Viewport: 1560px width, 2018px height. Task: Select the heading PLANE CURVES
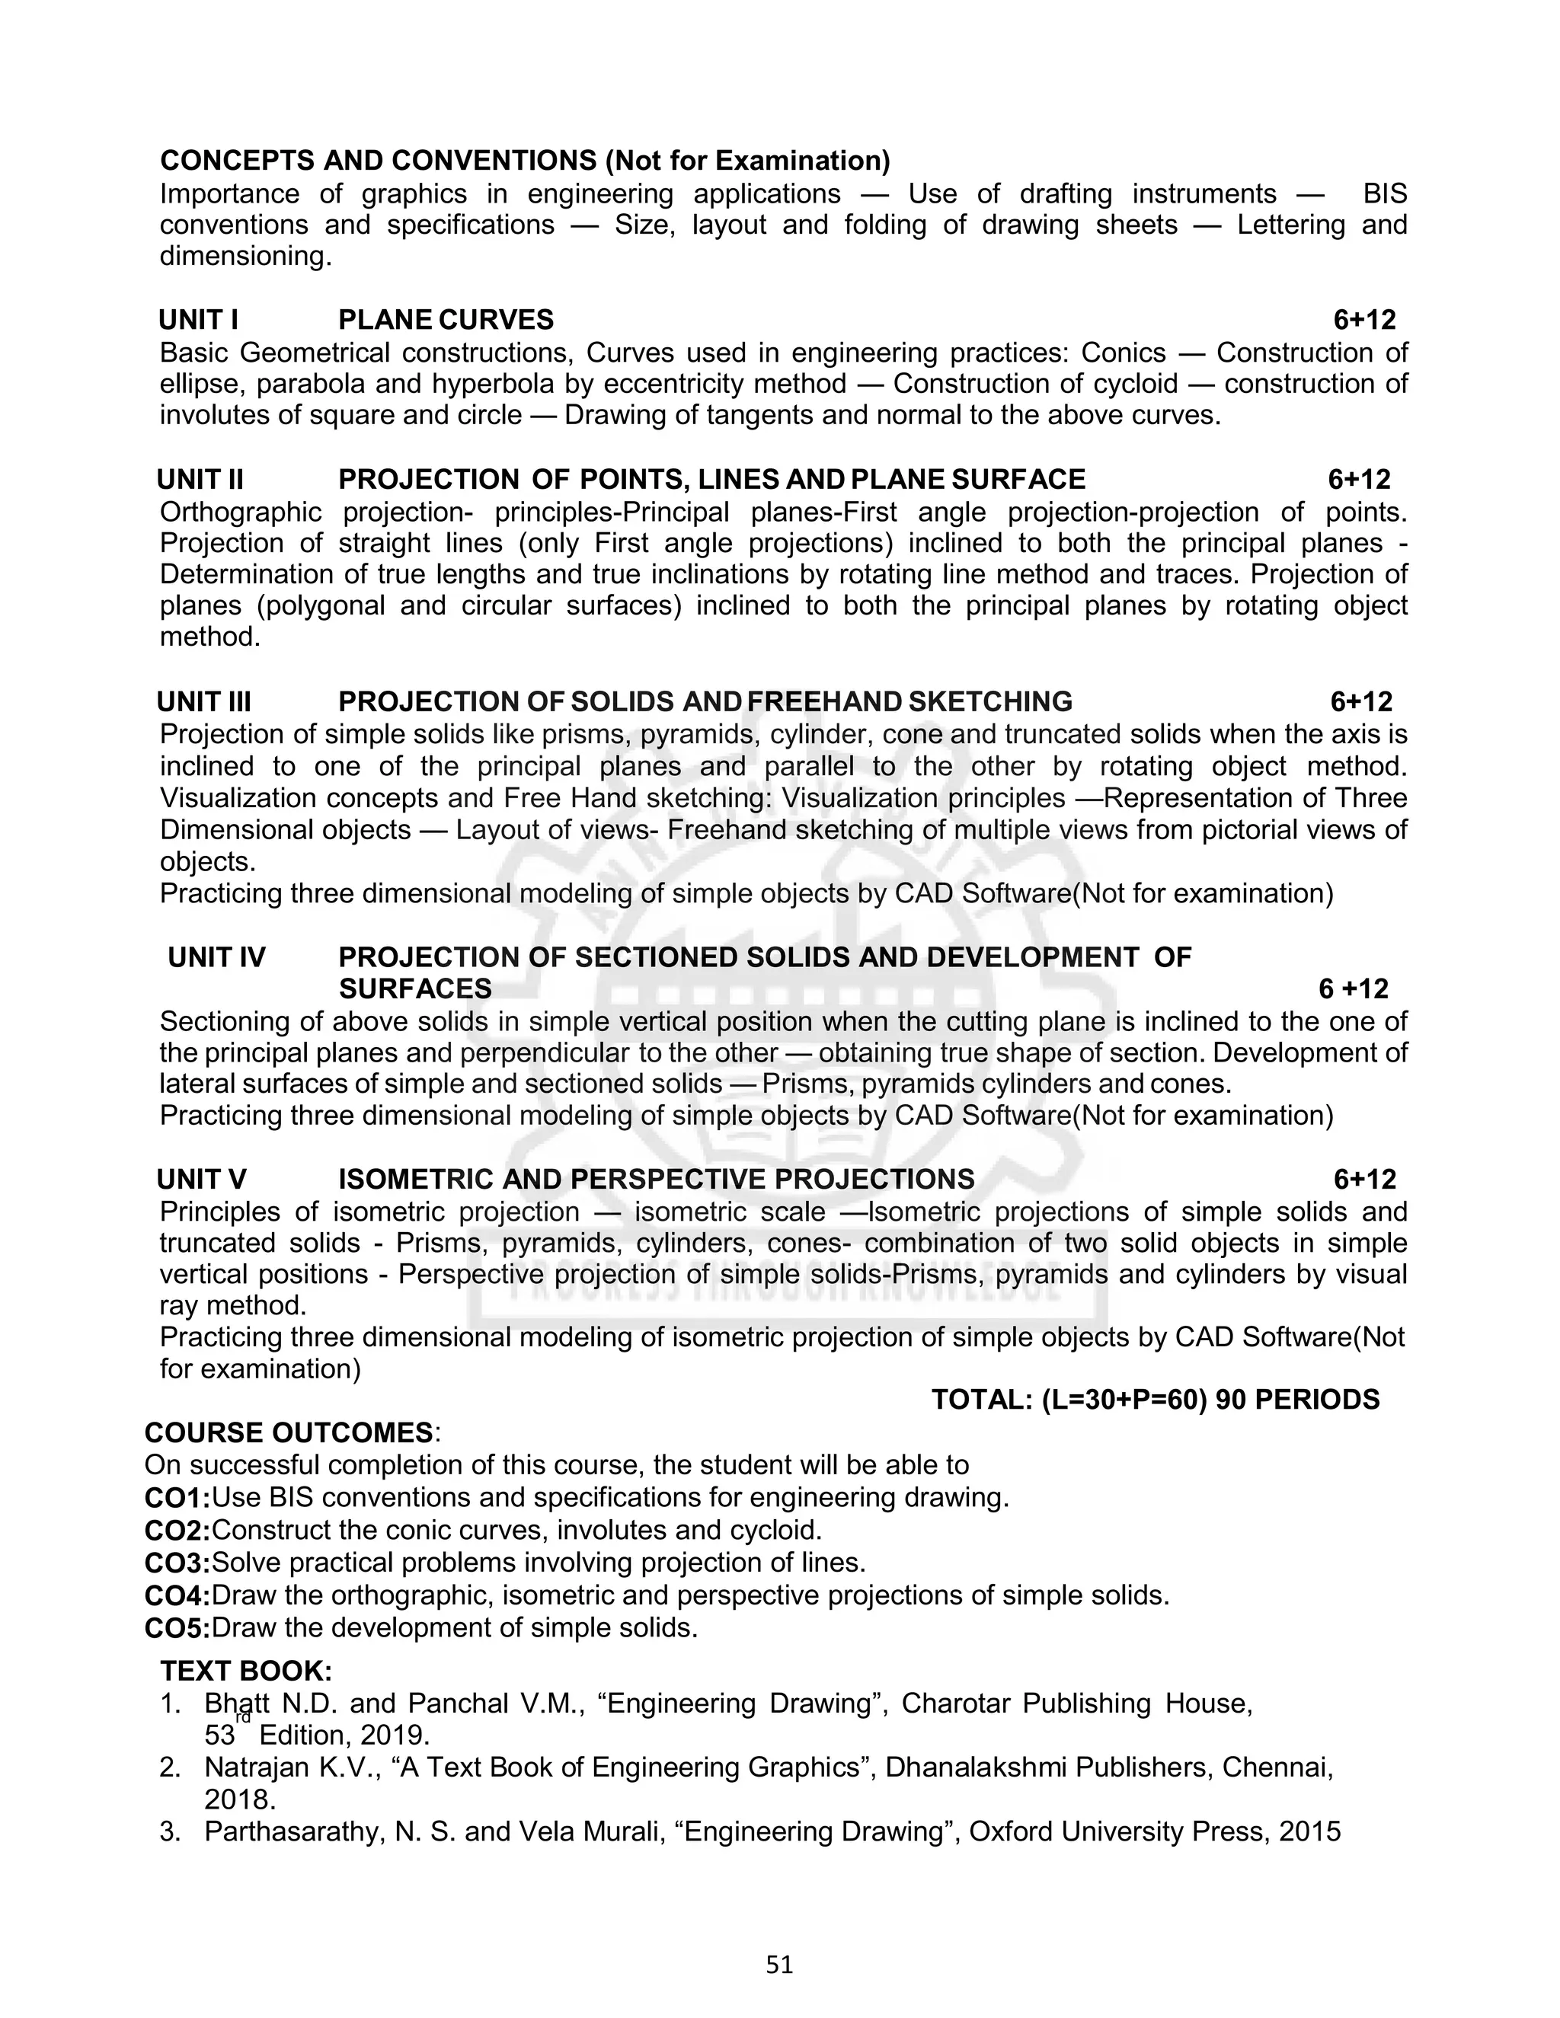coord(446,320)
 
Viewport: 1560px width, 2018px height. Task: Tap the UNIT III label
coord(203,701)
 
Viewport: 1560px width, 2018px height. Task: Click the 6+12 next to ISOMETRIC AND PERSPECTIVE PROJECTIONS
coord(1364,1179)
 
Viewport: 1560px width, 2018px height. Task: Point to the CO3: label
coord(177,1563)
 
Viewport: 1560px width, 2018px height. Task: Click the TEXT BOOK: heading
coord(246,1671)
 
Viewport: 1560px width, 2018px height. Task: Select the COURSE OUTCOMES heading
coord(289,1433)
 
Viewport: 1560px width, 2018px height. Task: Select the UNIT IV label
coord(216,957)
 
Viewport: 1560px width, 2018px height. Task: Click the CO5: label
coord(177,1628)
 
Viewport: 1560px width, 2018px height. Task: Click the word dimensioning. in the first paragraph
coord(245,256)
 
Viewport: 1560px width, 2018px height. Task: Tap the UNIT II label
coord(200,480)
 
